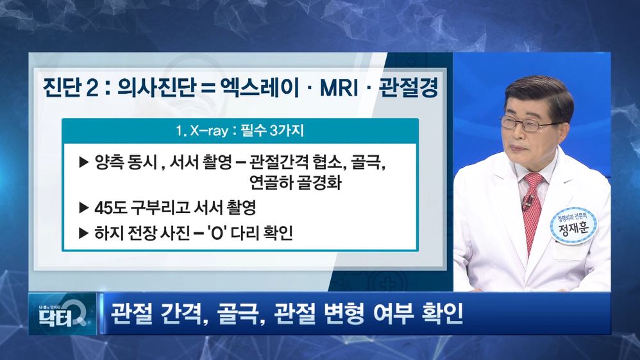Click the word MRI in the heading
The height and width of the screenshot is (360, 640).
[x=339, y=87]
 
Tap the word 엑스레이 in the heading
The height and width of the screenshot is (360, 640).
[x=260, y=87]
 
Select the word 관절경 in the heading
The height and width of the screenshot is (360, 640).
[x=408, y=87]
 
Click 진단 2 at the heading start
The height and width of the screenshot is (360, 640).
[x=71, y=87]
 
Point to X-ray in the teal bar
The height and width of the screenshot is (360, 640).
[x=209, y=131]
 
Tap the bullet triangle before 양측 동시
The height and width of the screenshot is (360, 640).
[x=83, y=162]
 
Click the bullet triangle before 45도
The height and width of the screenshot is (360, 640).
[x=83, y=207]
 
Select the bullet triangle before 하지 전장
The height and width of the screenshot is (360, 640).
[x=83, y=233]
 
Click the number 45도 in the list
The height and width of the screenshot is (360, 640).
[x=110, y=207]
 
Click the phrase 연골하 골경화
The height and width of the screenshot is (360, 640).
[x=295, y=182]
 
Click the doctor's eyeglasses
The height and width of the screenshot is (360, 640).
[x=526, y=123]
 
